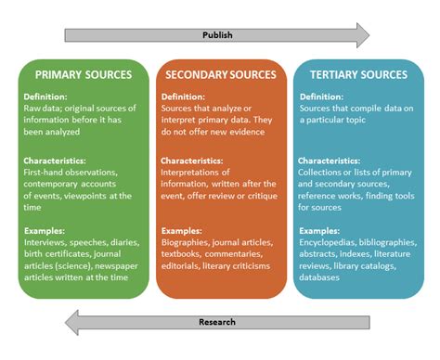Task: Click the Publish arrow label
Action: click(218, 36)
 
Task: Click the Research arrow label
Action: click(218, 323)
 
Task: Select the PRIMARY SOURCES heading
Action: click(83, 74)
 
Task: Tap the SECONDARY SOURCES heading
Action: click(219, 74)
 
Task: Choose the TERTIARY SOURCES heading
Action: click(357, 74)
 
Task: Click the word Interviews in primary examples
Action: click(43, 240)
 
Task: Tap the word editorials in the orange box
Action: click(183, 264)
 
